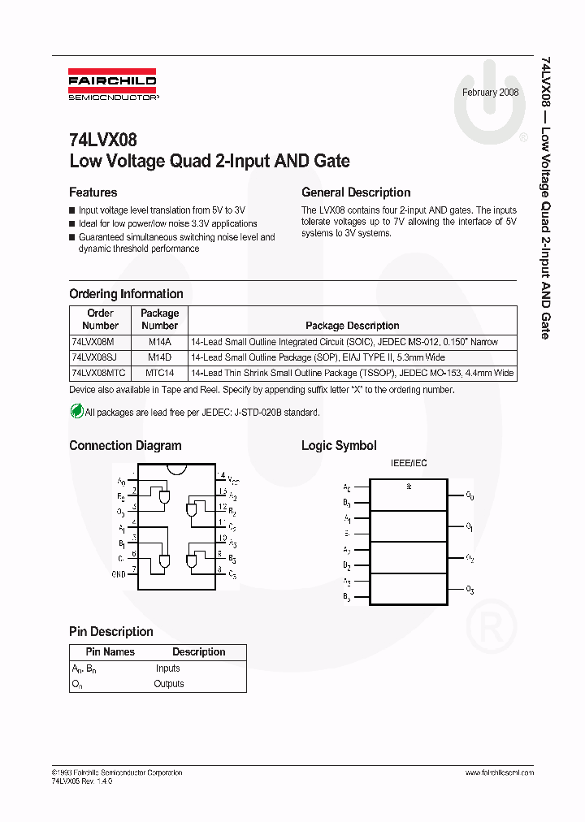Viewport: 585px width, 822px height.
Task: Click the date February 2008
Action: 490,93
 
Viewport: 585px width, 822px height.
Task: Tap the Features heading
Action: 93,193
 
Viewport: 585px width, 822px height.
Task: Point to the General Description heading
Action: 356,193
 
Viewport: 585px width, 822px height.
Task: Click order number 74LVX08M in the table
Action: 93,342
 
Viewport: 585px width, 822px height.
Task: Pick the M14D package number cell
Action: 159,357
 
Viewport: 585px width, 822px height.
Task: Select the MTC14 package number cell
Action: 159,374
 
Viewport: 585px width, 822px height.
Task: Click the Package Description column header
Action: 352,326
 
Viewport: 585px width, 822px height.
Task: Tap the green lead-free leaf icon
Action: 76,412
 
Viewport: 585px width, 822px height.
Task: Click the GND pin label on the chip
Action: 119,573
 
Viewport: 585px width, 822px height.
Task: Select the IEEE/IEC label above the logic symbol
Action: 409,463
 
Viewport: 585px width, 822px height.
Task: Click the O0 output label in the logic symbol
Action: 470,495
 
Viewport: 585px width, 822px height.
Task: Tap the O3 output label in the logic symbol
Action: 470,589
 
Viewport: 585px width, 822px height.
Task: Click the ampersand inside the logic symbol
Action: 409,487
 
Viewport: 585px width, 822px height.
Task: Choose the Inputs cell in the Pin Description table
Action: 168,668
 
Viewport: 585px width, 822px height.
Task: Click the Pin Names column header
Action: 110,651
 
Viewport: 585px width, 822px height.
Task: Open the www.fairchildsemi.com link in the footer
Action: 499,772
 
